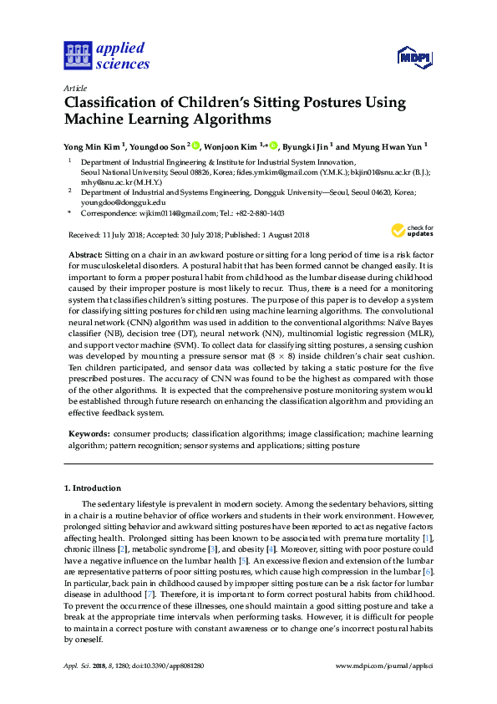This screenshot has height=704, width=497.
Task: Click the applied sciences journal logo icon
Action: pos(76,55)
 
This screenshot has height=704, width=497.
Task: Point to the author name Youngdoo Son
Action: pos(160,145)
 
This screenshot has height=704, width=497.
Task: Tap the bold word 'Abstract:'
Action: pos(84,253)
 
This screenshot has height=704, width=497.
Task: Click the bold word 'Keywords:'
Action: pos(87,435)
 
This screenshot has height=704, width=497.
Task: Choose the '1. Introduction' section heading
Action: pos(94,487)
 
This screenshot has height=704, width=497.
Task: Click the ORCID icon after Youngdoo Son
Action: pos(196,145)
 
